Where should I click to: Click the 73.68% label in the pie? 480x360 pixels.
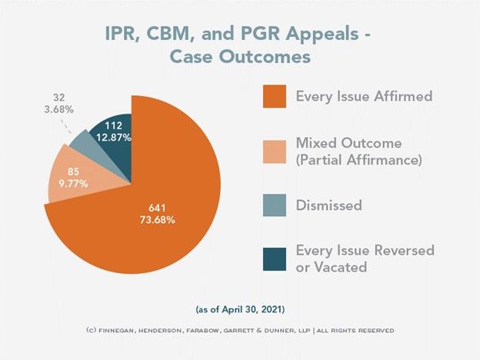click(x=158, y=220)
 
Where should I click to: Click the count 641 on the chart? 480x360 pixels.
click(x=158, y=207)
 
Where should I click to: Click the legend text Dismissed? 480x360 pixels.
click(x=329, y=205)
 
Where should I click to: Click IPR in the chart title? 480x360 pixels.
click(x=122, y=33)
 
